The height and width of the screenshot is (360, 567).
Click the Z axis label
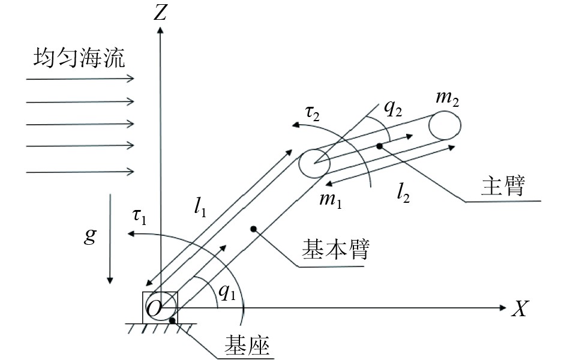160,13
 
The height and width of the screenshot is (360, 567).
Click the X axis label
520,309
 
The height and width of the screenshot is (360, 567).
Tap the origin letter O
154,308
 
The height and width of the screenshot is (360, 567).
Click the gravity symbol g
89,236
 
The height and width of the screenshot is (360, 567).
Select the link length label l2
403,191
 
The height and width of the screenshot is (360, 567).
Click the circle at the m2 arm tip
444,125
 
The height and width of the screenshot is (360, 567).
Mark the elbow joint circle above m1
314,163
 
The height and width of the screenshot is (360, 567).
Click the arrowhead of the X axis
503,308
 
